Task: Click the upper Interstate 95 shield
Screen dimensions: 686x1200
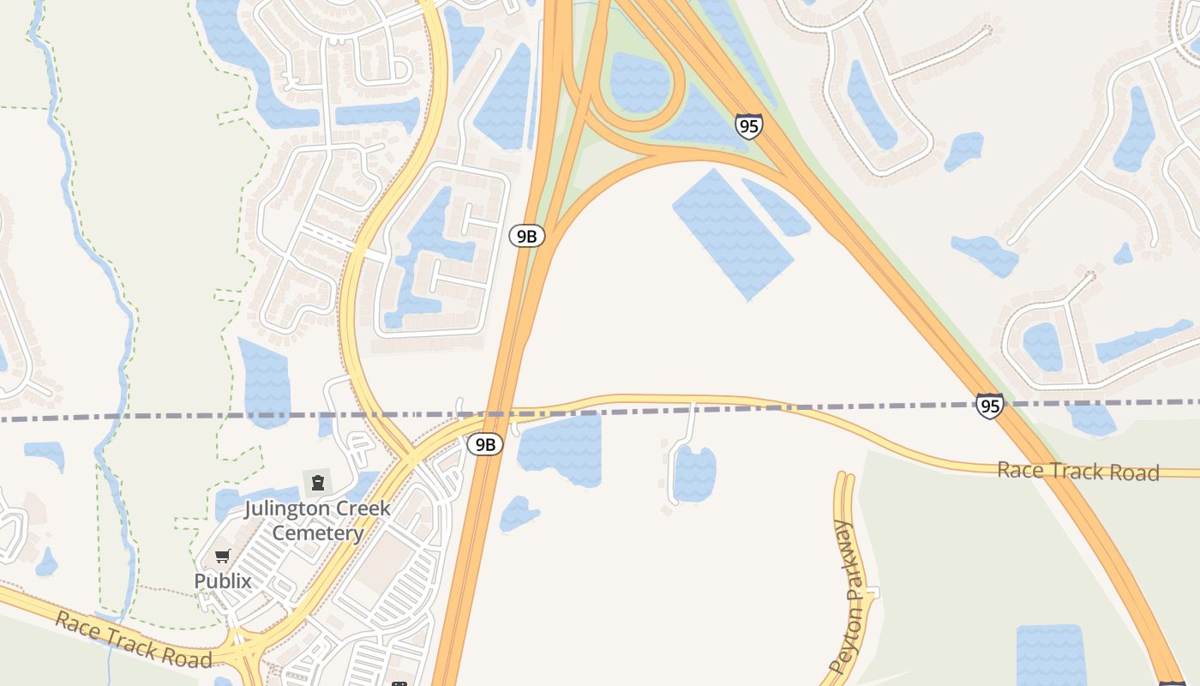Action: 748,126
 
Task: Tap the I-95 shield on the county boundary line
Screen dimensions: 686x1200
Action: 989,406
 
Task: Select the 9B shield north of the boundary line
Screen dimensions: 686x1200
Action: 526,236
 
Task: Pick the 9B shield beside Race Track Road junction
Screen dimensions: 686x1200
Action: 485,444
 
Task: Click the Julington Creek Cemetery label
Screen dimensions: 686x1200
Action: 317,521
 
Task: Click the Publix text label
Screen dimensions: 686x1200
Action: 223,581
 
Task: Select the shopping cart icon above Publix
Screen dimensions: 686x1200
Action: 223,556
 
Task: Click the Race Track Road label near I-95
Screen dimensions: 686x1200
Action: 1077,471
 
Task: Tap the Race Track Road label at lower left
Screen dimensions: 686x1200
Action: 133,640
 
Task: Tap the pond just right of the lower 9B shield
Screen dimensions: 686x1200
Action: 561,448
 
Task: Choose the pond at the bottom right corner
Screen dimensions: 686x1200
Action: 1050,656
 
